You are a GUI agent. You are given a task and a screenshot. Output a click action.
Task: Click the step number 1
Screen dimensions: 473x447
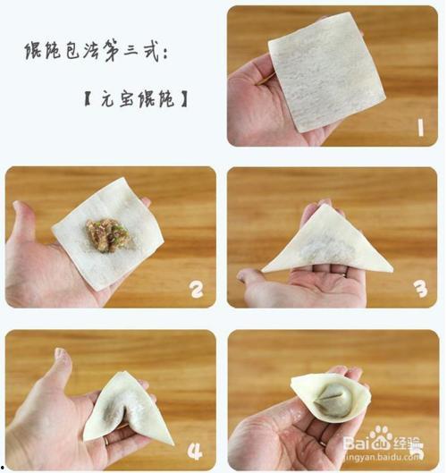(418, 127)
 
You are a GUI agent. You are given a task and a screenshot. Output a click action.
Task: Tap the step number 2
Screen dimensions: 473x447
(197, 288)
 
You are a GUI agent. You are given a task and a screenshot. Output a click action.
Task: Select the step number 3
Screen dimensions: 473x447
(418, 288)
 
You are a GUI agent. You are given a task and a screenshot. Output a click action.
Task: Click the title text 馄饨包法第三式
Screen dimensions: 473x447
(96, 51)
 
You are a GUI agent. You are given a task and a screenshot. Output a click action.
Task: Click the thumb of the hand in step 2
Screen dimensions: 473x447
(24, 224)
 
